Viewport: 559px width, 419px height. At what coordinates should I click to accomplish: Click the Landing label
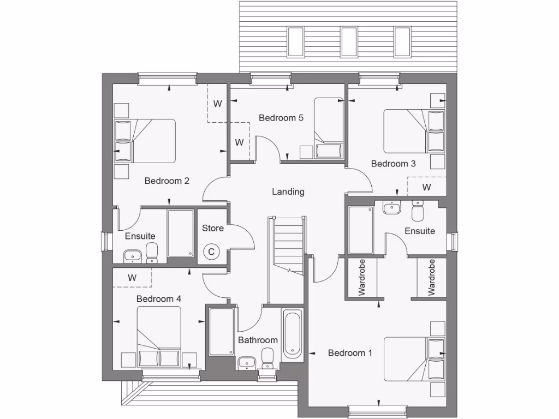(288, 191)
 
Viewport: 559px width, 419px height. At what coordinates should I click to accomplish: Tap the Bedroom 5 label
(281, 117)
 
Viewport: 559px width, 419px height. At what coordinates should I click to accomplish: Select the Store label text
(213, 228)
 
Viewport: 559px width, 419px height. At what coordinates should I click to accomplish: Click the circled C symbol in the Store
(210, 252)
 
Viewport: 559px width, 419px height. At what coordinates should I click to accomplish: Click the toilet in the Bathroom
(268, 359)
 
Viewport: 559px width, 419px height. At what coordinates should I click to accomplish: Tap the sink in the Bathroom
(246, 362)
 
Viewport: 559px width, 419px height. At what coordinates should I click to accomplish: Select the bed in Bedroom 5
(329, 128)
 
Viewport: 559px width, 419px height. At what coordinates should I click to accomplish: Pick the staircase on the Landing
(288, 245)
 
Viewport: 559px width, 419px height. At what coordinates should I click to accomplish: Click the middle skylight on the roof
(349, 41)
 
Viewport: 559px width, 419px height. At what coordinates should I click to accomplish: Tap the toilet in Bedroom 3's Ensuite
(418, 210)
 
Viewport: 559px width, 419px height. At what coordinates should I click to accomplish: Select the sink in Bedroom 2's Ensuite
(133, 255)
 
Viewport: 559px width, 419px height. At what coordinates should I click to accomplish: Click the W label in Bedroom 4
(132, 277)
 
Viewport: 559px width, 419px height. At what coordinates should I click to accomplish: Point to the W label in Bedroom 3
(426, 187)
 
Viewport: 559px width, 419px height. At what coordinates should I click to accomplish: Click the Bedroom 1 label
(350, 353)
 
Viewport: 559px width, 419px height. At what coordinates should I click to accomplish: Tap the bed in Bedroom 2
(145, 141)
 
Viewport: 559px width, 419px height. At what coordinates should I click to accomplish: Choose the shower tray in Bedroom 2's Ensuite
(180, 233)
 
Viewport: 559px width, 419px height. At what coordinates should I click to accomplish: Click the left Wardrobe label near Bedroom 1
(362, 277)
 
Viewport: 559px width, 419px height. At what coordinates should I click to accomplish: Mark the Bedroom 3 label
(393, 163)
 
